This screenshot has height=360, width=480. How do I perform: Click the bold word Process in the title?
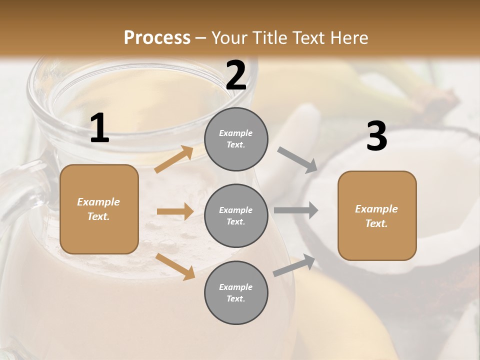click(x=157, y=38)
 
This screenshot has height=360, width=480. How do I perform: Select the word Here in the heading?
click(x=348, y=38)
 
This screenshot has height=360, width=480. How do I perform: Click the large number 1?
click(x=99, y=128)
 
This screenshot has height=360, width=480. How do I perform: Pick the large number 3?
click(x=376, y=136)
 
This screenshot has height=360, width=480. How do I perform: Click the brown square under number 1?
click(x=99, y=209)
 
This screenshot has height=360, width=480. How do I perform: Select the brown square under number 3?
click(x=377, y=215)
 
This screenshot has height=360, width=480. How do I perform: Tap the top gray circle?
click(x=236, y=139)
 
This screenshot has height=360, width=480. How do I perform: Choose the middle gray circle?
click(x=236, y=215)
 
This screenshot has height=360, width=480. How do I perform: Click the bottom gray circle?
click(x=236, y=292)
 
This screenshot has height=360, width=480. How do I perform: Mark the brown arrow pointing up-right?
click(x=174, y=159)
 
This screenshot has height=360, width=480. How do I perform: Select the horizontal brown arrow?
click(x=175, y=211)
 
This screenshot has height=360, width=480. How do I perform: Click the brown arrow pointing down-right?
click(x=175, y=266)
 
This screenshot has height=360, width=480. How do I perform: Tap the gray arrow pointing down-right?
click(x=297, y=160)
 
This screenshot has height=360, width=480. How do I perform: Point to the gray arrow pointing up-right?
click(x=294, y=265)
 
